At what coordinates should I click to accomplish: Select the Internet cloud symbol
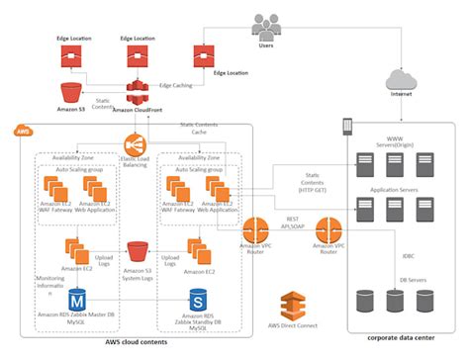(401, 79)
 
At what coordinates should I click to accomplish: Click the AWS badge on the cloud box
(23, 131)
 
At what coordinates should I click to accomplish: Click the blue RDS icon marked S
(197, 298)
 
